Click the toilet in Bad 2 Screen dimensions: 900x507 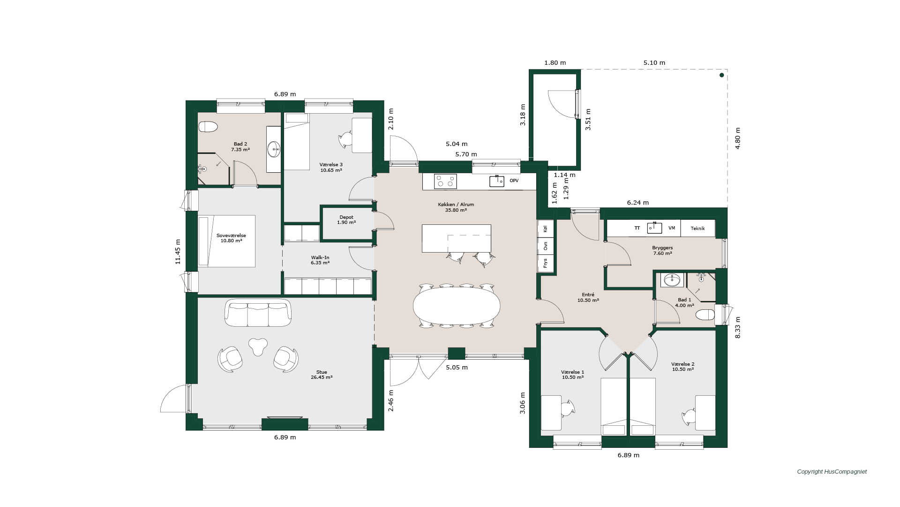pos(208,127)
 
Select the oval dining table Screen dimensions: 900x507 pos(457,306)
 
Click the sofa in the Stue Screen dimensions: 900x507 pos(258,313)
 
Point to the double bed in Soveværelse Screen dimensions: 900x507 pos(227,241)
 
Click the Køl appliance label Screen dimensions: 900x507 pos(545,229)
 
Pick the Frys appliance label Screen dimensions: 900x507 pos(545,263)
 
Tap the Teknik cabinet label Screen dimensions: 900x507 pos(697,228)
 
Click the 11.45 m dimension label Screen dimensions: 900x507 pos(178,252)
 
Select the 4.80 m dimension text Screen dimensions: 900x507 pos(737,138)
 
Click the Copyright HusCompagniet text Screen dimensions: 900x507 pos(832,472)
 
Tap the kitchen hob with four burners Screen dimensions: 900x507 pos(445,181)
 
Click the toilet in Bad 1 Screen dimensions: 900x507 pos(705,315)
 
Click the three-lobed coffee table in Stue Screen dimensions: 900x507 pos(258,346)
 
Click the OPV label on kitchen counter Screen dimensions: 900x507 pos(514,181)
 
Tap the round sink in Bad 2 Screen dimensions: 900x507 pos(274,149)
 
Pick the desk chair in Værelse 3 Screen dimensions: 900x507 pos(346,139)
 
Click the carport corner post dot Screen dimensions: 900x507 pos(722,75)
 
